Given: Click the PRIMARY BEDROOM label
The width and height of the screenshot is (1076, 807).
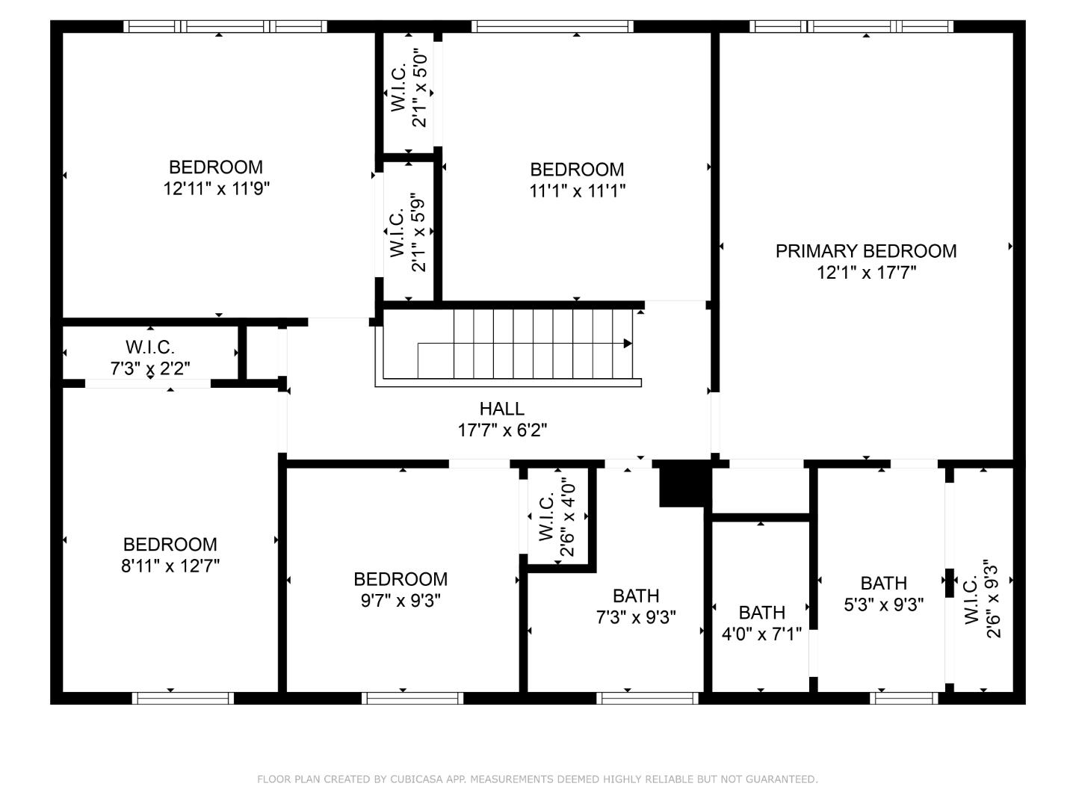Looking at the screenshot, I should [x=865, y=251].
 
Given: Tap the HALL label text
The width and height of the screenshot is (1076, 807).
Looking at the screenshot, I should [x=501, y=409].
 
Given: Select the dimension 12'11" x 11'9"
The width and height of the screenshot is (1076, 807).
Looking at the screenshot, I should [x=216, y=188].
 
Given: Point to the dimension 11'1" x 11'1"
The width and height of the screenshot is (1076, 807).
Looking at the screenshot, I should [x=577, y=191].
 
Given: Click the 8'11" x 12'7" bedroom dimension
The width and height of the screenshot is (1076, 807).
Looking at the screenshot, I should [x=170, y=566].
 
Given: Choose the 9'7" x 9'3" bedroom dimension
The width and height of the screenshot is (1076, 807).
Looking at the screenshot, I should [x=401, y=600].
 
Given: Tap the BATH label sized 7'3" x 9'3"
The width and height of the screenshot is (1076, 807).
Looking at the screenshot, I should [x=636, y=596].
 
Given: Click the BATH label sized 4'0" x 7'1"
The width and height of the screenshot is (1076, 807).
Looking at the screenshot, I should [x=761, y=613].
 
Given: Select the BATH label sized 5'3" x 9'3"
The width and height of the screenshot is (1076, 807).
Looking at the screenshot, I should [x=883, y=583].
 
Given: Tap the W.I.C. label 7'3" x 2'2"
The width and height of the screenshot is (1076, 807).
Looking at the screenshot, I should [x=150, y=347].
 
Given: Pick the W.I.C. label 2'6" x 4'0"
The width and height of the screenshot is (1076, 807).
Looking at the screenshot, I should [x=545, y=517].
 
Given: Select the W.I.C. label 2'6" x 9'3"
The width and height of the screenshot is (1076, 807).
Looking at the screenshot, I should [x=971, y=600].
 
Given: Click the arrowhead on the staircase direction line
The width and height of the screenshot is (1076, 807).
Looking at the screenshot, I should [x=628, y=344].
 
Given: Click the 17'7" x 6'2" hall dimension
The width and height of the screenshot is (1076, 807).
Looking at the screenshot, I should [x=501, y=430].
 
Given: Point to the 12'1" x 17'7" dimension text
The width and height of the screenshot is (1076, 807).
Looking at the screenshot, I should [x=865, y=273].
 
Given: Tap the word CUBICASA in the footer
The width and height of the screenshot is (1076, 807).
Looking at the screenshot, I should [x=418, y=779].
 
